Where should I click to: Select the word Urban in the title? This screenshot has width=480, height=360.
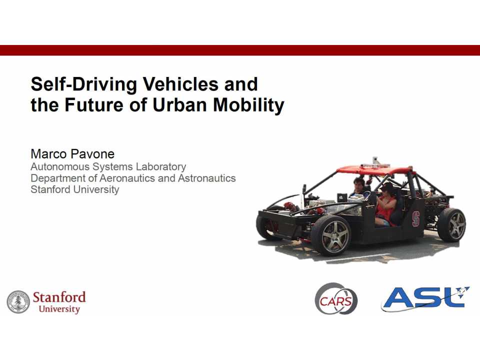click(x=179, y=105)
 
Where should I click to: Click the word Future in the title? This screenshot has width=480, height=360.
click(x=97, y=105)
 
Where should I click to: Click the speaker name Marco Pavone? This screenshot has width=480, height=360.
click(x=72, y=153)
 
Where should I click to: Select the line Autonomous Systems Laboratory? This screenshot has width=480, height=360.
click(x=108, y=166)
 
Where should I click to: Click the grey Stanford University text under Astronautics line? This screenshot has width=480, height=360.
click(x=75, y=189)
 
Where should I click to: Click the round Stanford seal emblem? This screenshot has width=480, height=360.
click(x=18, y=302)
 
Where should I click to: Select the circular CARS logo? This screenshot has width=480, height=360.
click(x=336, y=299)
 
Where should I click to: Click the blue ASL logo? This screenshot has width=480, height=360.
click(x=425, y=298)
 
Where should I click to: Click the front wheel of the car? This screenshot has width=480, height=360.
click(x=329, y=234)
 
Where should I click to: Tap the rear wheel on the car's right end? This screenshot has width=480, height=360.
click(x=451, y=224)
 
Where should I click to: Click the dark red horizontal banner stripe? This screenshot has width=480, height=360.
click(x=240, y=50)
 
